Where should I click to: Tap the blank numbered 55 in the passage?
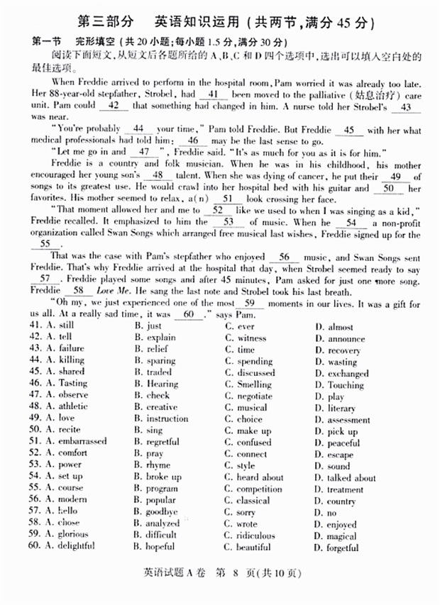pos(46,243)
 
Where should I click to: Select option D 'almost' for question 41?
pos(331,327)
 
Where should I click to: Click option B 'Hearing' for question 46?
pos(163,384)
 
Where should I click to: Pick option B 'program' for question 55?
pos(162,489)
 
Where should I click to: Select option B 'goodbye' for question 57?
pos(162,512)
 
